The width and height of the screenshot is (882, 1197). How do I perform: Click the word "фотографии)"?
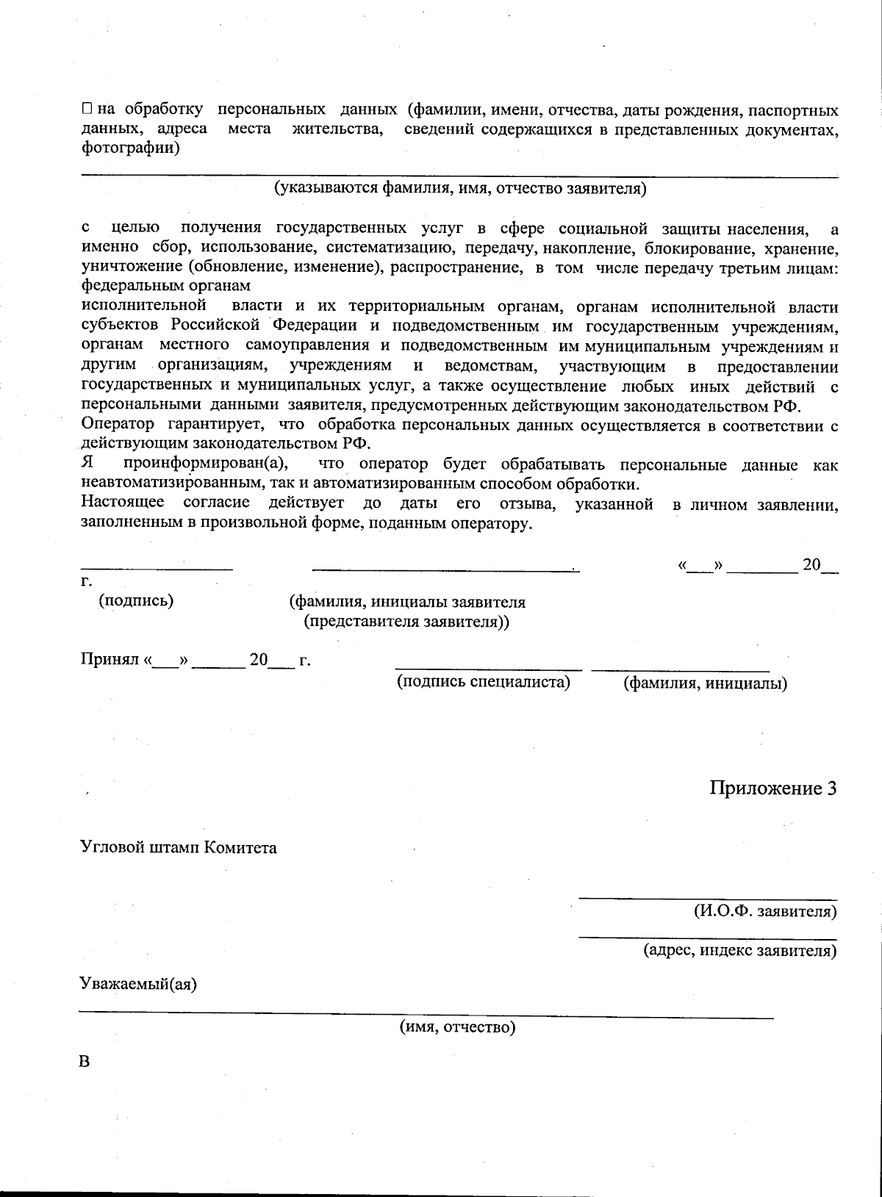[130, 148]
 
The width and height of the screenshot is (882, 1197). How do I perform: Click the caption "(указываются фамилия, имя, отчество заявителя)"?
[460, 189]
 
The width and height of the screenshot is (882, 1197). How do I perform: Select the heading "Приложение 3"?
[773, 788]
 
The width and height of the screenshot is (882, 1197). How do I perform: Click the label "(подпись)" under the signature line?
[136, 600]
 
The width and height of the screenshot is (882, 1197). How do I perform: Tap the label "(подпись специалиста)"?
[484, 682]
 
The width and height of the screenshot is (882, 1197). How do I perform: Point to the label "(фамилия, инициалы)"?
[705, 683]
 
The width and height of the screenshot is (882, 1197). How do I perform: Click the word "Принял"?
[110, 660]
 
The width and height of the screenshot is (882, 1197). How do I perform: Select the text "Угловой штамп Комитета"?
[179, 847]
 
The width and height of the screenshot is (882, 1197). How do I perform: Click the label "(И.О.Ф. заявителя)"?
[765, 911]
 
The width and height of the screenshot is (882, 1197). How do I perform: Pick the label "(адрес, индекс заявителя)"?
[740, 950]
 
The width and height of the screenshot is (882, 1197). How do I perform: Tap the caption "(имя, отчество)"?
[457, 1027]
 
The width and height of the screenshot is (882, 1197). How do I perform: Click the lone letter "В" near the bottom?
[86, 1063]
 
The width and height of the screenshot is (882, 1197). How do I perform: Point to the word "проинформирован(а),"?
[207, 464]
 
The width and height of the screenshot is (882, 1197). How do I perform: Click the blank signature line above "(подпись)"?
[157, 568]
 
